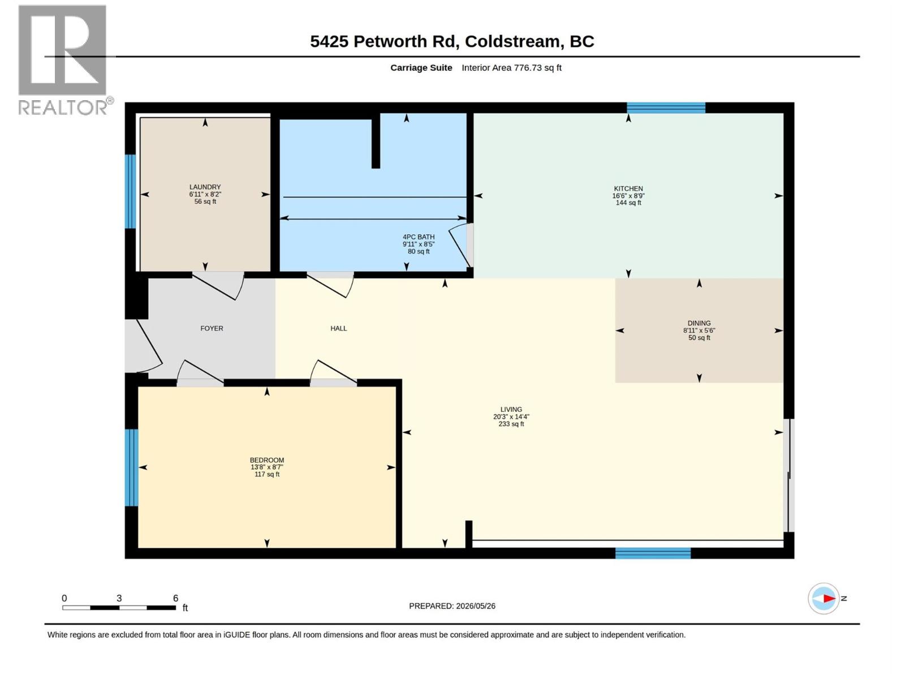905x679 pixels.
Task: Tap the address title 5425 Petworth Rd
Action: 383,41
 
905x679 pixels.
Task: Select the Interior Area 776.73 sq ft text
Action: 511,67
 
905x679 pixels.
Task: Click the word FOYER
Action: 212,328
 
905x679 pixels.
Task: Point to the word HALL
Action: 338,328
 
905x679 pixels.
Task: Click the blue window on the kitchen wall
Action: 666,108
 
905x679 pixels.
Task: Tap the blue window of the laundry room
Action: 130,191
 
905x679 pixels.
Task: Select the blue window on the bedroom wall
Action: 132,467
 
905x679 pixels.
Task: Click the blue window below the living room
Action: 653,553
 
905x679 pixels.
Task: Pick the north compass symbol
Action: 824,598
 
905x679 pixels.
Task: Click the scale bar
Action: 119,608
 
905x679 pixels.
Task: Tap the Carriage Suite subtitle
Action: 421,67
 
